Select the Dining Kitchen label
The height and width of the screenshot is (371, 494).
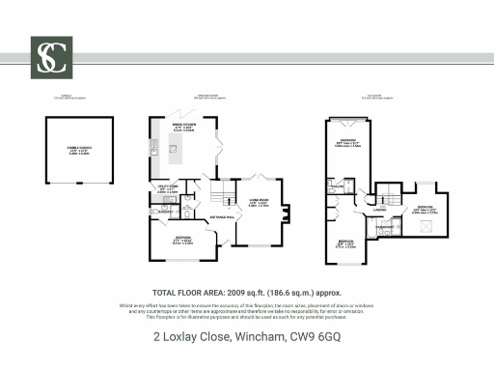point(183,126)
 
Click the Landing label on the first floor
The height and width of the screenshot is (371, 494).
point(379,208)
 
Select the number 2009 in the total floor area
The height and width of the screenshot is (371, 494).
point(239,291)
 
